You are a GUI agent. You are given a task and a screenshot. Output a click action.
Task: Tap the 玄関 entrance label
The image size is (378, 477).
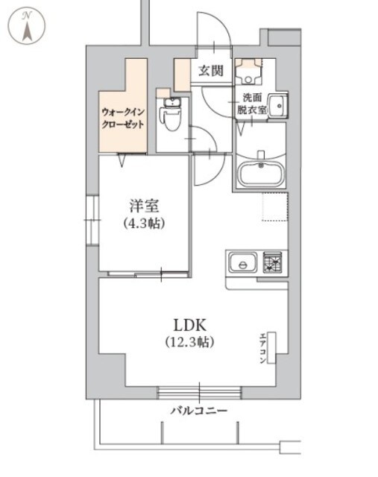[211, 72]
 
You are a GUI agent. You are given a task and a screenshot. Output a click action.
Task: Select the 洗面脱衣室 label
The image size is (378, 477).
[254, 104]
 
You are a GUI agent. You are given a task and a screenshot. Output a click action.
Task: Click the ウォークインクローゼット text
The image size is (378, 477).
[122, 119]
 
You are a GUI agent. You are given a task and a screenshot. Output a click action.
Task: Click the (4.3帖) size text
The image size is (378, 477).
[144, 223]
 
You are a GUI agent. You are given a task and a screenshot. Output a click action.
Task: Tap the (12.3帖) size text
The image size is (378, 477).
[190, 343]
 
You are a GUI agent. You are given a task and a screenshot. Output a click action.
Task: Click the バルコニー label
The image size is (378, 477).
[198, 411]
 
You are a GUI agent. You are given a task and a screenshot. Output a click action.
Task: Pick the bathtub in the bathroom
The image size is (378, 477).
[259, 174]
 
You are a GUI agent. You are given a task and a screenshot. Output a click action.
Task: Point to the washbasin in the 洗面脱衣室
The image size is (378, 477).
[277, 106]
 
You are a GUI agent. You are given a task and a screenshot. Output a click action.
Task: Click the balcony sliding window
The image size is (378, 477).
[199, 390]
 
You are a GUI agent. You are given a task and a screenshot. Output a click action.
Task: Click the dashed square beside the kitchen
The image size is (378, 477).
[274, 206]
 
